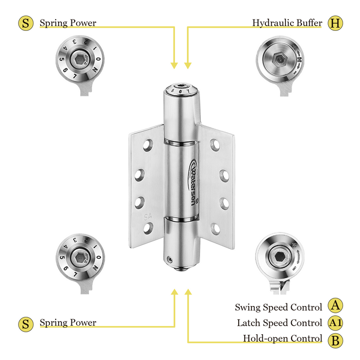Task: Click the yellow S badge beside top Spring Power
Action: click(x=25, y=23)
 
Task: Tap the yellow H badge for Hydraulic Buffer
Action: click(x=335, y=23)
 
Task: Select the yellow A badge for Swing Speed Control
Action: click(x=335, y=307)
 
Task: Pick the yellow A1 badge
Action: click(x=335, y=323)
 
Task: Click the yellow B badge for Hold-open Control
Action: click(x=335, y=339)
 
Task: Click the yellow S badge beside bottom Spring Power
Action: click(x=25, y=323)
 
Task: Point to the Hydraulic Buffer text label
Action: click(x=287, y=23)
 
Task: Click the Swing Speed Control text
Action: click(x=278, y=307)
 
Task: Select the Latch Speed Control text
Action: click(x=279, y=323)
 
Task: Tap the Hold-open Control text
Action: click(x=282, y=339)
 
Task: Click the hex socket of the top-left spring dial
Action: click(x=79, y=61)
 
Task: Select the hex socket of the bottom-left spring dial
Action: click(x=79, y=257)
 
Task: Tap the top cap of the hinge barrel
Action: click(x=181, y=88)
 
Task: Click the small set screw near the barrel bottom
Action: click(x=170, y=259)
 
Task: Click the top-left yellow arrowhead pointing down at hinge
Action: click(x=174, y=65)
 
